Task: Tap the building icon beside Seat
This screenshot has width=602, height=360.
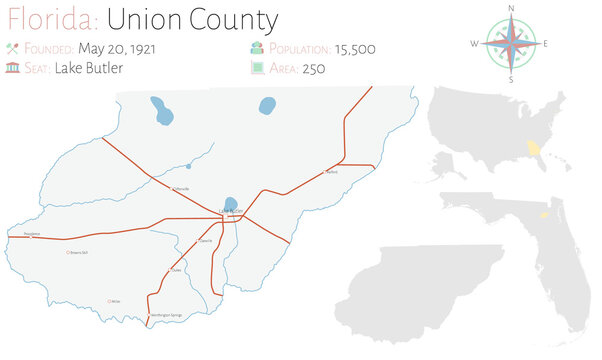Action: pyautogui.click(x=13, y=67)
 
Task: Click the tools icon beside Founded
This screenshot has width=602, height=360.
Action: pyautogui.click(x=13, y=47)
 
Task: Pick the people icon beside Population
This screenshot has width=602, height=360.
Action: pyautogui.click(x=257, y=47)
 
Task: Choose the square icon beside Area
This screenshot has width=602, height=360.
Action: pyautogui.click(x=257, y=67)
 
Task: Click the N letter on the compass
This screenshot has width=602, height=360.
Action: pyautogui.click(x=511, y=8)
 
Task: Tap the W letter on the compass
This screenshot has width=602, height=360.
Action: pyautogui.click(x=474, y=44)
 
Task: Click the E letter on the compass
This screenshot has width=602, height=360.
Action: pyautogui.click(x=546, y=44)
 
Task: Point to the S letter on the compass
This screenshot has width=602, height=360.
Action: pyautogui.click(x=511, y=79)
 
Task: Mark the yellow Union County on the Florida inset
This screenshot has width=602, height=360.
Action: pyautogui.click(x=545, y=213)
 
